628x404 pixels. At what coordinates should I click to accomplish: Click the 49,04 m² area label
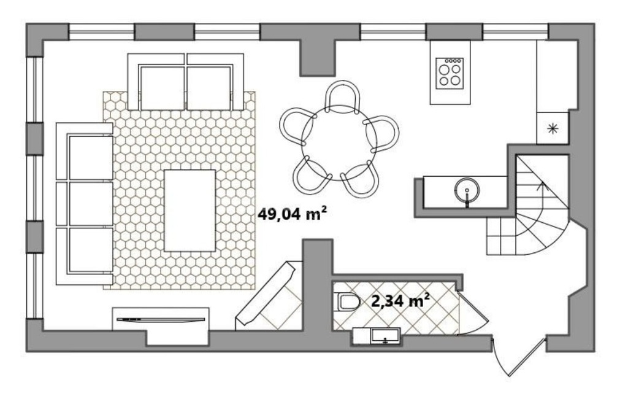coord(291,213)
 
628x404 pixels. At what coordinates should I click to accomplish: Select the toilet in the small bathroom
coord(347,302)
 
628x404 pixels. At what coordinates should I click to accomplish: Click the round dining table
coord(339,142)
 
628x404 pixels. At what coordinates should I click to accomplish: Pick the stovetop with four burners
coord(450,73)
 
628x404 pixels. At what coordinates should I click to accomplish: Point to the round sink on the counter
coord(467,190)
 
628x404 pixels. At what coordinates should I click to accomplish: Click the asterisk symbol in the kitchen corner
coord(553,128)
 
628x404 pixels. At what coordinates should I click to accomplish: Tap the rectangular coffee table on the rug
coord(190,211)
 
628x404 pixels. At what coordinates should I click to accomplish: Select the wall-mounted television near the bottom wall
coord(161,319)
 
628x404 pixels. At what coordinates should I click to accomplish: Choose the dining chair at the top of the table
coord(342,97)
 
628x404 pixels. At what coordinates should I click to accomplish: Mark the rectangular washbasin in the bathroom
coord(385,336)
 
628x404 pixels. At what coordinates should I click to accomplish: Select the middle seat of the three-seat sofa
coord(91,204)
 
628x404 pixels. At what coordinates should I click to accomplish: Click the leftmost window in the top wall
coord(101,32)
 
